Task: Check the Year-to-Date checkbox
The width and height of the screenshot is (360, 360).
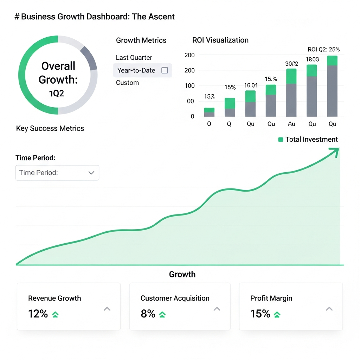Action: pos(165,70)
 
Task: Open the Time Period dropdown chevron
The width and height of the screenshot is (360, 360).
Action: pos(91,173)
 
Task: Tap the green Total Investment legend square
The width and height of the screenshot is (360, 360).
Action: pos(281,140)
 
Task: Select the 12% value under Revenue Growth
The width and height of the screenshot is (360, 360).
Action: pos(38,314)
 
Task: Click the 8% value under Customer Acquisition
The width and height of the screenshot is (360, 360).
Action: pos(148,314)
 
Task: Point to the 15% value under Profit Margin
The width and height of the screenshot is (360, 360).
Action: pos(260,314)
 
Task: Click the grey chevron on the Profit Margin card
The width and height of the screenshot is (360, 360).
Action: pos(329,309)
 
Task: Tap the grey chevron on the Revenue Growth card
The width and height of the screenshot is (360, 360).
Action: pos(107,309)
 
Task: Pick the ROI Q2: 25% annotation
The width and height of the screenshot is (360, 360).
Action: pos(323,50)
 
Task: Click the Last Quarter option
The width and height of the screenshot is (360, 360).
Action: pos(134,58)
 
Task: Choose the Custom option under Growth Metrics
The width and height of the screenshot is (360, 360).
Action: pos(127,83)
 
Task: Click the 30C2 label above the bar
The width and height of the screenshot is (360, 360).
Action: pos(291,64)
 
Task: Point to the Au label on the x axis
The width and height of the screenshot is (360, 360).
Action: pos(291,124)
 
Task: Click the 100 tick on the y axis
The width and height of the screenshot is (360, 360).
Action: pos(189,86)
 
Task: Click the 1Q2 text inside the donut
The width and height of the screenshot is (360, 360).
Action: pos(56,94)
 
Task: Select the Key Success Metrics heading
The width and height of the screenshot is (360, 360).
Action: pos(50,128)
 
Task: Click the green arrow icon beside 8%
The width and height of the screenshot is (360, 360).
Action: pos(162,314)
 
